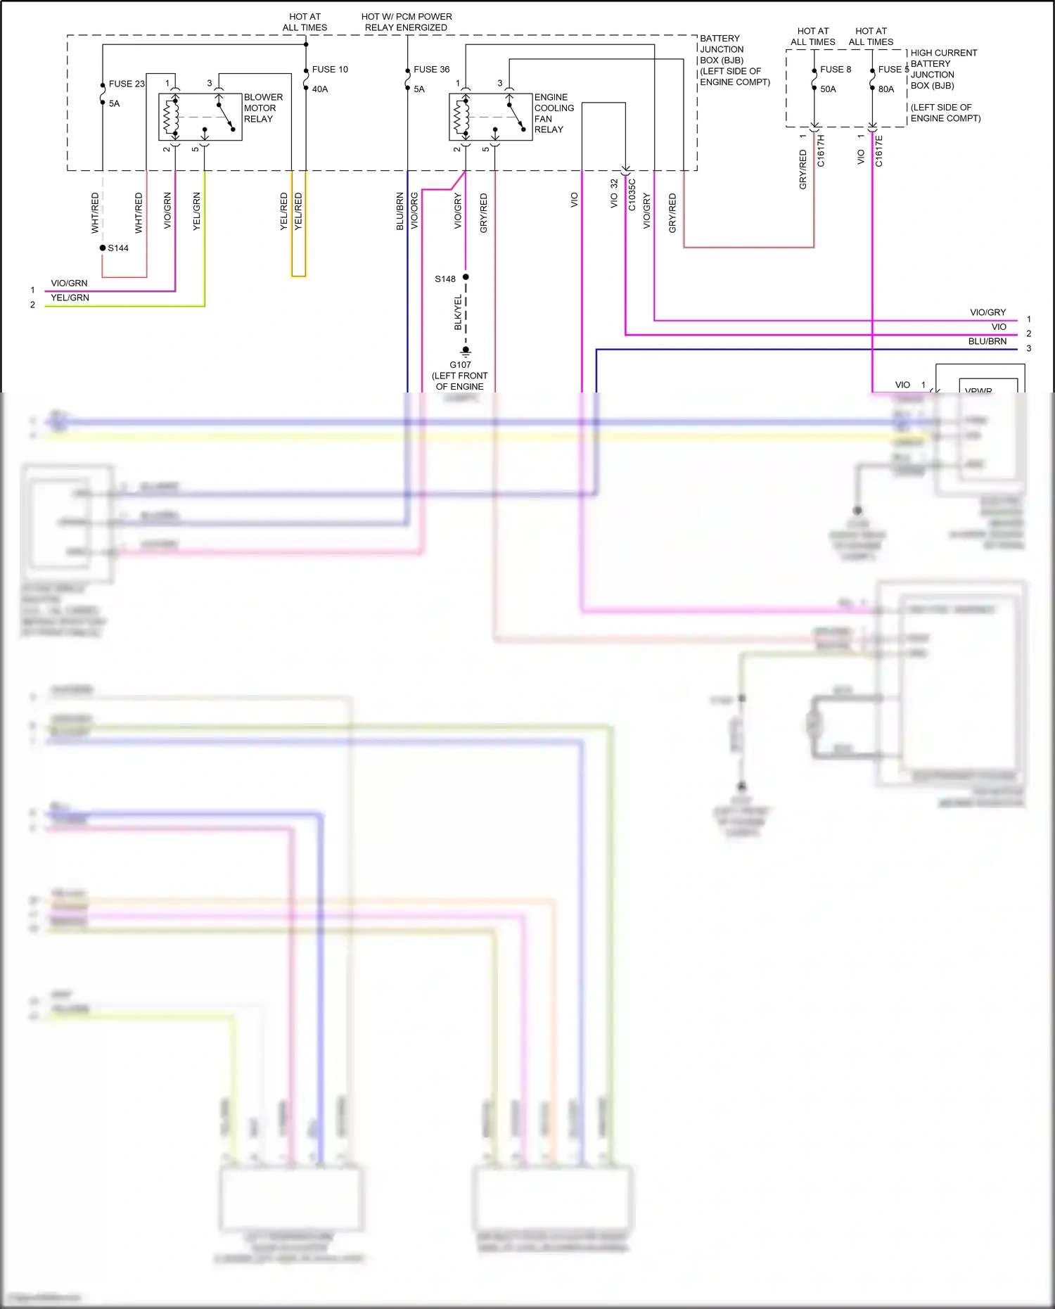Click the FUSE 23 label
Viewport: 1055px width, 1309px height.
coord(126,84)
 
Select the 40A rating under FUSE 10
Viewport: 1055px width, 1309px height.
coord(320,89)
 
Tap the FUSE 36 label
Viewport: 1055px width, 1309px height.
coord(431,70)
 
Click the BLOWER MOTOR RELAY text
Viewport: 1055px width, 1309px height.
coord(263,108)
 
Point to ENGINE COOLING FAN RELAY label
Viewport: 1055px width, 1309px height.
coord(554,113)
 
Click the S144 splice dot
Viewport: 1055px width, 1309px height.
coord(103,248)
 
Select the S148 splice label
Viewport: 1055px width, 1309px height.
coord(445,279)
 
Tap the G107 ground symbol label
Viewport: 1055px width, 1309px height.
coord(460,365)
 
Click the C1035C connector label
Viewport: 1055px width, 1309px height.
coord(632,195)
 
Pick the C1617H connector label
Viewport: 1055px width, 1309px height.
coord(820,151)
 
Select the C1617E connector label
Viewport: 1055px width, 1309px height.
coord(878,151)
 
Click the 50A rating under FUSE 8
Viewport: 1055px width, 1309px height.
coord(828,89)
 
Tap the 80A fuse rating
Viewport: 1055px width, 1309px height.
coord(886,89)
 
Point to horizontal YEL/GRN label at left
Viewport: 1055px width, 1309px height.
coord(70,298)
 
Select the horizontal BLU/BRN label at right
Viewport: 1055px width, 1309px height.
coord(987,341)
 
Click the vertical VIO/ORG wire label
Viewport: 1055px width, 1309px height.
coord(414,210)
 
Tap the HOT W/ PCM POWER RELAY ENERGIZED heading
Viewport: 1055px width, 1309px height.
coord(406,22)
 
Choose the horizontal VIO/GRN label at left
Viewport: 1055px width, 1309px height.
coord(69,283)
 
